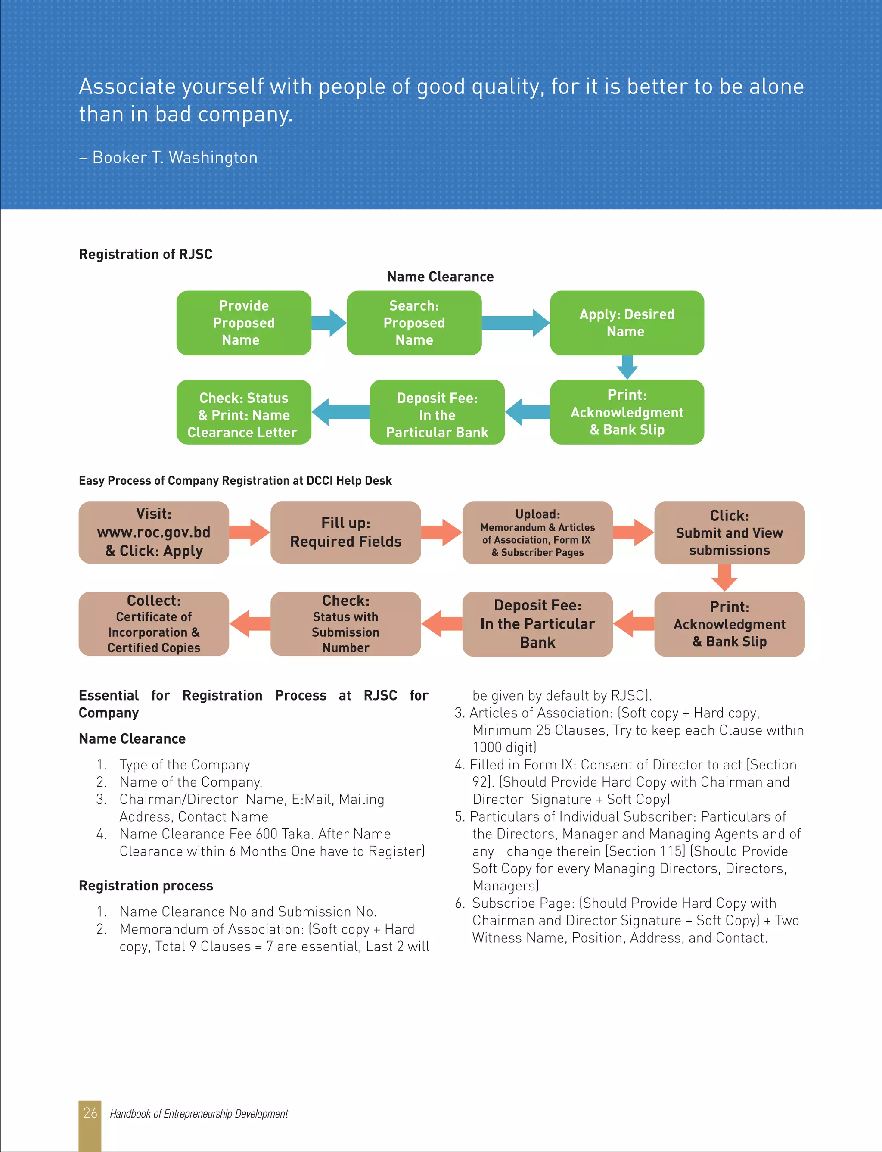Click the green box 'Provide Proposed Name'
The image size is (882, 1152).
click(x=244, y=323)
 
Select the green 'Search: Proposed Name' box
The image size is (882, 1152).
click(x=414, y=323)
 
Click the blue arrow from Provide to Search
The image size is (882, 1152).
click(x=329, y=323)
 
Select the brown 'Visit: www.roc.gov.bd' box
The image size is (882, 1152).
click(x=153, y=532)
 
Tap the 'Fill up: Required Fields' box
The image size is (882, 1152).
click(x=345, y=532)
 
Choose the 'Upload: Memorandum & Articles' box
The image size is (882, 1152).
click(x=537, y=532)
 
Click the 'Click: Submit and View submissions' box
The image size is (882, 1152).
click(x=729, y=532)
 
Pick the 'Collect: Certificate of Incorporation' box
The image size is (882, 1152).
click(x=153, y=624)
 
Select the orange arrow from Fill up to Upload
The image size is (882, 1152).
click(x=441, y=532)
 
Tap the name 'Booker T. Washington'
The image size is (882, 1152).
click(x=175, y=158)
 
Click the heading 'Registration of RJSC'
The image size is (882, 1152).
click(x=146, y=254)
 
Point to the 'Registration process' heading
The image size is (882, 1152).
click(x=146, y=886)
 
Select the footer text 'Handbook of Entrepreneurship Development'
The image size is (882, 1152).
click(x=199, y=1114)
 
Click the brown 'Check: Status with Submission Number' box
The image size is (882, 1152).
click(x=345, y=624)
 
